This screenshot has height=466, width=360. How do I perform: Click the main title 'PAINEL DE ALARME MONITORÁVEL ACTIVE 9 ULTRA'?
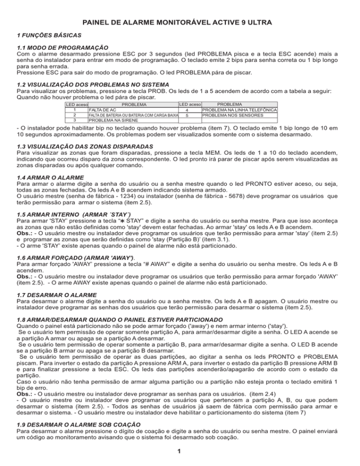[x=180, y=23]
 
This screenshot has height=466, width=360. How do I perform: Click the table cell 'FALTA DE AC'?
[x=103, y=110]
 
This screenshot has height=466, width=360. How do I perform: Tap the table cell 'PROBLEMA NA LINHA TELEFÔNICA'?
[x=239, y=110]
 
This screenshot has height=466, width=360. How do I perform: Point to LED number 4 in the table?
[x=187, y=110]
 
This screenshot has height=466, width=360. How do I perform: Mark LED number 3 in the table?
[x=75, y=120]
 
